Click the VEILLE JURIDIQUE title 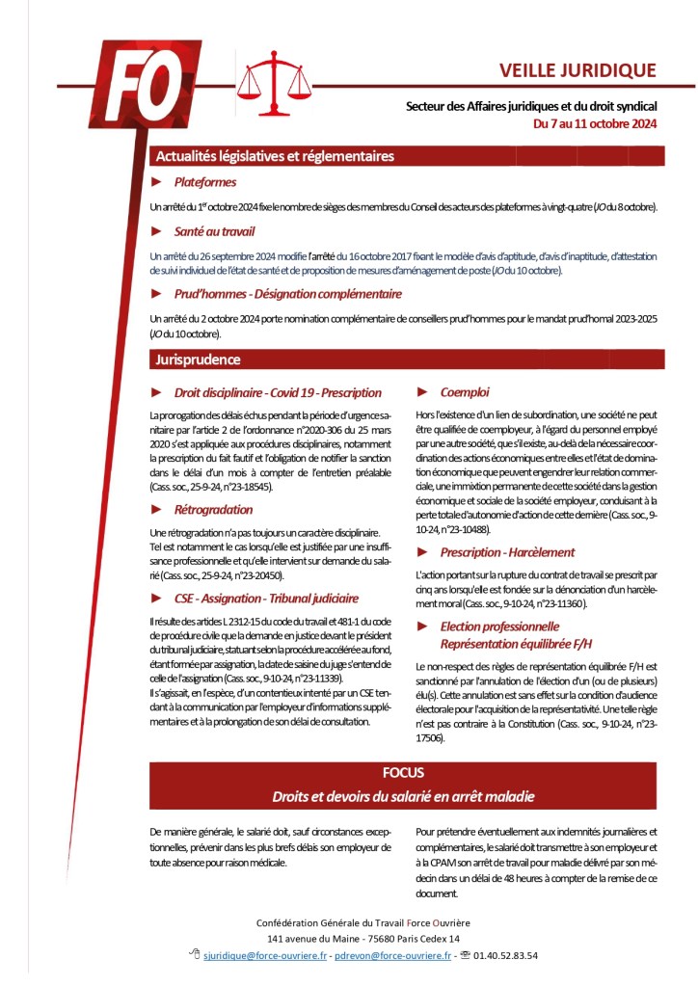pyautogui.click(x=577, y=70)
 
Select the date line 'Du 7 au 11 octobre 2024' pyautogui.click(x=595, y=124)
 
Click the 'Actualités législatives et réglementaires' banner pyautogui.click(x=275, y=156)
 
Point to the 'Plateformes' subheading pyautogui.click(x=205, y=181)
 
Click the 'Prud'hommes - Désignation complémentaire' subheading pyautogui.click(x=288, y=293)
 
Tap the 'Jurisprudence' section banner pyautogui.click(x=199, y=360)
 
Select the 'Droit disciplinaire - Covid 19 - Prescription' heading pyautogui.click(x=278, y=392)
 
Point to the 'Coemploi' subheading pyautogui.click(x=465, y=392)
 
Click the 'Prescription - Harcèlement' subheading pyautogui.click(x=507, y=552)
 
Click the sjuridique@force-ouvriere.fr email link pyautogui.click(x=261, y=955)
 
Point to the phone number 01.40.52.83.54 pyautogui.click(x=505, y=955)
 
